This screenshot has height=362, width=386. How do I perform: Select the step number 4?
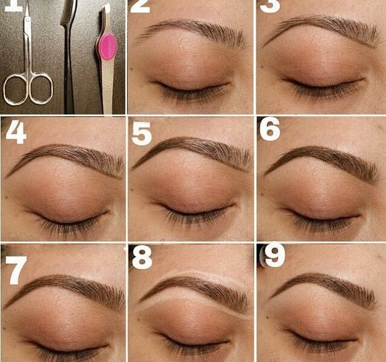(x=16, y=133)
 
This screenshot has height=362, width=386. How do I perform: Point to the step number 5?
(x=141, y=133)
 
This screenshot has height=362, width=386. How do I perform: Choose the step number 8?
(x=142, y=258)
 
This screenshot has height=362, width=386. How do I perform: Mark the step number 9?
(x=274, y=256)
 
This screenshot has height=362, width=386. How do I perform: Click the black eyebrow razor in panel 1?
(x=68, y=54)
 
